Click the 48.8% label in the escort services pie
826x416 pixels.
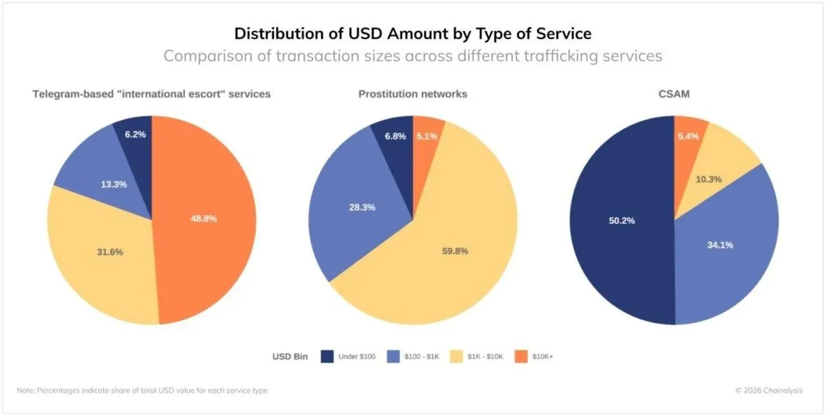[204, 218]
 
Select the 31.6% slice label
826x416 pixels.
[110, 252]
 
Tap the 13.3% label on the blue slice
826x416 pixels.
[113, 185]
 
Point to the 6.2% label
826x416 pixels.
[136, 134]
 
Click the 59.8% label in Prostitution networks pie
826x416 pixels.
[454, 251]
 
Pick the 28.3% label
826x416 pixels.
[361, 207]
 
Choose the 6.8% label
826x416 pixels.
[395, 136]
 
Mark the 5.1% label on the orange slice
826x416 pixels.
[427, 136]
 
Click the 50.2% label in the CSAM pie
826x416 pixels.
[621, 221]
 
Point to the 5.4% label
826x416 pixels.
[688, 136]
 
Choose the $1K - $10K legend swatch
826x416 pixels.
[456, 357]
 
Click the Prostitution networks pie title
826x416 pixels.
[412, 94]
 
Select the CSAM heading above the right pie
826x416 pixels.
[674, 94]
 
